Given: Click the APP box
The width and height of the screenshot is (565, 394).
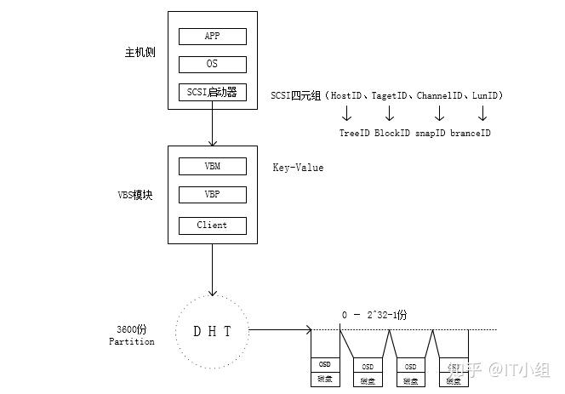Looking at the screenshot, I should (x=212, y=36).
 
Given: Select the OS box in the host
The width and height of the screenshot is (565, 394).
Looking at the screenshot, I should (x=212, y=65).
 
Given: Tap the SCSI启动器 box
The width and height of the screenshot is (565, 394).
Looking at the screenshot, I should (x=212, y=93).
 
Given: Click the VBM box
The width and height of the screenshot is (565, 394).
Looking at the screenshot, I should (x=212, y=165).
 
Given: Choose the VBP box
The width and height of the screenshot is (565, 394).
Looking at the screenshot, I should (x=212, y=194).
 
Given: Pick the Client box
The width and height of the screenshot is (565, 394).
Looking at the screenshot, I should (x=212, y=225).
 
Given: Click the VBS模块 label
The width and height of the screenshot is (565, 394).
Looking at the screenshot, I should (x=134, y=195).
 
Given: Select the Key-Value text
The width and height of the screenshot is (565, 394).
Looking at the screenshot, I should (x=298, y=168).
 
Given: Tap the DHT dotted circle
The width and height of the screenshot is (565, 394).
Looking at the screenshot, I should (x=212, y=330).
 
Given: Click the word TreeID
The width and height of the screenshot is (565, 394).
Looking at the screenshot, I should (x=355, y=133).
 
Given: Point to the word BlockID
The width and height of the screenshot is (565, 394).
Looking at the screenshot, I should (x=392, y=133).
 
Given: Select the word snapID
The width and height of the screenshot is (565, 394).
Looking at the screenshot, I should (x=431, y=133).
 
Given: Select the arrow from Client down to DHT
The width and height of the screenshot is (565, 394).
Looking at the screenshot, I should (x=212, y=270).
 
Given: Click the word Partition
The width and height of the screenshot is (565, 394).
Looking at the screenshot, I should (x=132, y=341).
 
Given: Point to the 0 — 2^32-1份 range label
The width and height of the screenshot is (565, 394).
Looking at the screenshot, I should (x=374, y=315).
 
